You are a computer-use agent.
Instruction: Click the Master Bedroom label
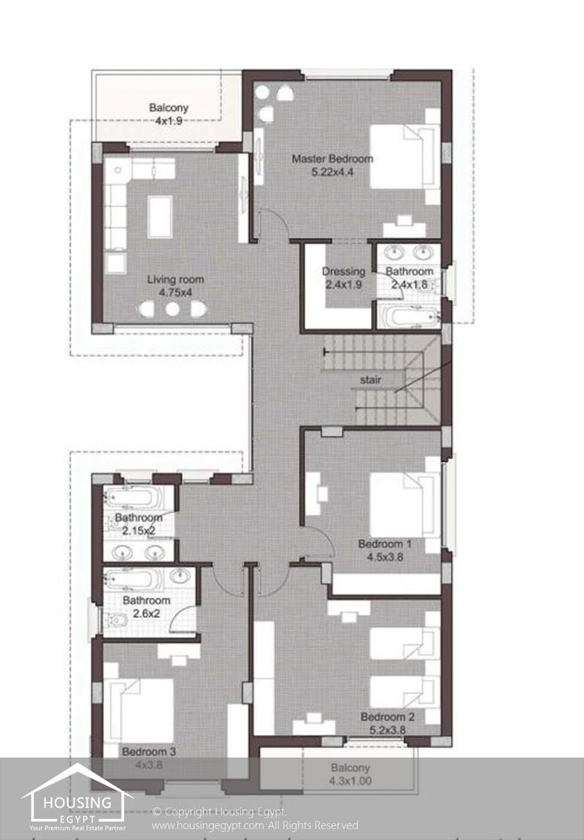click(x=332, y=158)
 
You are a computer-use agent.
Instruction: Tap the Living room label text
click(x=175, y=279)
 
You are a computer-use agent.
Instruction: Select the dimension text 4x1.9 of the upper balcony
click(x=169, y=121)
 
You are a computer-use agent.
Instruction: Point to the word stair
click(x=371, y=379)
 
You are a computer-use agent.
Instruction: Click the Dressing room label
click(x=343, y=271)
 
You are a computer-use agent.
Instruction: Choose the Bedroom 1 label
click(x=385, y=544)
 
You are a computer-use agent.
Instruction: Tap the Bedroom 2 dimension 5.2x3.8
click(x=388, y=730)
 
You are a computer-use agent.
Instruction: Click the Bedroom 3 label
click(x=148, y=752)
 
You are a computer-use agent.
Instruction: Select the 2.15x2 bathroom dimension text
click(x=138, y=531)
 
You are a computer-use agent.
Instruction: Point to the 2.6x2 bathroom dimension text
click(x=146, y=613)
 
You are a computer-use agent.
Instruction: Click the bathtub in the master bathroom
click(x=408, y=317)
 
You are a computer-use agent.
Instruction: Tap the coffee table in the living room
click(x=160, y=217)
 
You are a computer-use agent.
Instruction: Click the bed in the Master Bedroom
click(x=404, y=156)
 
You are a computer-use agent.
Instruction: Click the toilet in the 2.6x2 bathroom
click(x=115, y=620)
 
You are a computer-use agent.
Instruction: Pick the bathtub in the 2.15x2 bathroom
click(x=133, y=498)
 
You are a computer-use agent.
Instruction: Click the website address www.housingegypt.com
click(x=208, y=825)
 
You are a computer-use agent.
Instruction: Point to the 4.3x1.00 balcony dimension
click(x=350, y=781)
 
